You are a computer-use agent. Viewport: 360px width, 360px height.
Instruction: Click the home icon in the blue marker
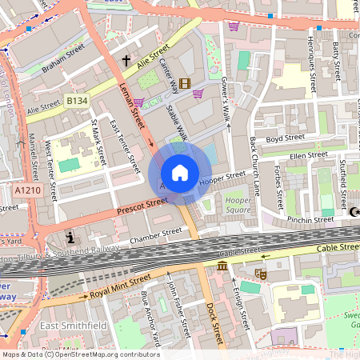coord(180,173)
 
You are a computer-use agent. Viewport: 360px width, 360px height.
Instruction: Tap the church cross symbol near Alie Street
coord(126,61)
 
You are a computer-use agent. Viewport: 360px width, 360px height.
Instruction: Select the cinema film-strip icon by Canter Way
coord(186,83)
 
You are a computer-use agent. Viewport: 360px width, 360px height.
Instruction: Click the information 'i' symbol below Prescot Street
coord(71,238)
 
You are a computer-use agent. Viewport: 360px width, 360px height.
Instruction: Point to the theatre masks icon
coord(260,274)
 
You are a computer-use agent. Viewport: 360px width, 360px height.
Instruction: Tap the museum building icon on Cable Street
coord(222,265)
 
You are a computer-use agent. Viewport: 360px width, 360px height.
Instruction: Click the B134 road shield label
coord(77,101)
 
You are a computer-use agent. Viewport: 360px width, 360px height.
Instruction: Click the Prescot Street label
coord(142,206)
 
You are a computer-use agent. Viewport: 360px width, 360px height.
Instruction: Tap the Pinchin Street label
coord(311,218)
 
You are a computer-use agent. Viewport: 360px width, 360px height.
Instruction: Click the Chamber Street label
coord(156,235)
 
